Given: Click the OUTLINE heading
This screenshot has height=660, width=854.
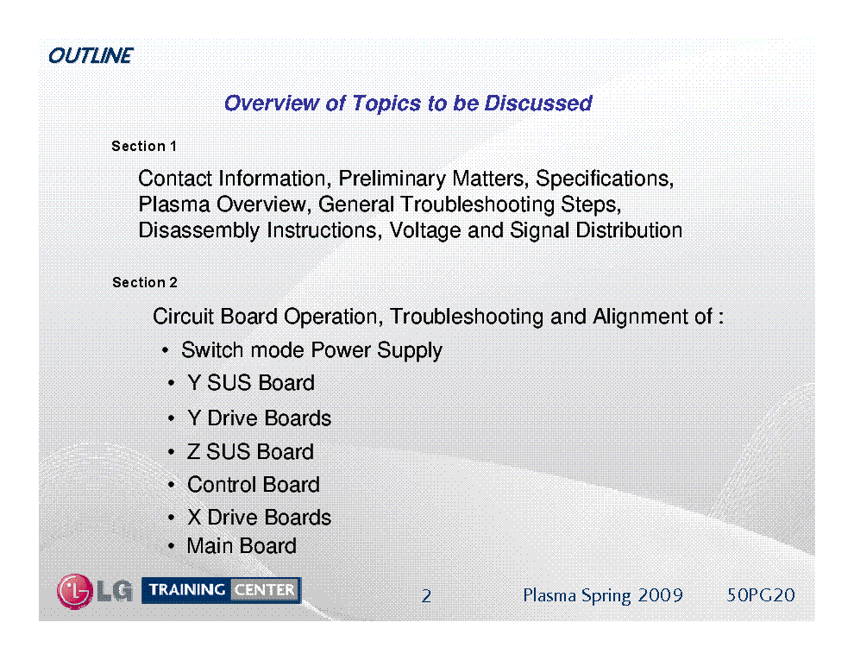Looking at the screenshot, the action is coord(91,55).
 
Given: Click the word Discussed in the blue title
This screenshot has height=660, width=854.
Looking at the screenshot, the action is coord(538,103).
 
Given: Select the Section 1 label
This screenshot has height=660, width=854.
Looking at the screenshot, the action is coord(144,146).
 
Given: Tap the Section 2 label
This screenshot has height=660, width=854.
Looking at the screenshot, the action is coord(144,282).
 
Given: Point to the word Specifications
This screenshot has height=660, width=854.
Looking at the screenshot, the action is coord(605,179).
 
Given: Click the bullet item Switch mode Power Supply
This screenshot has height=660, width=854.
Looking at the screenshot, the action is coord(311,350).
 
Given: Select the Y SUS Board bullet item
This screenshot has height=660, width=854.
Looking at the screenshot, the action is coord(251,383).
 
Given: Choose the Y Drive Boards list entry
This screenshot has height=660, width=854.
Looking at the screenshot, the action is coord(260,418).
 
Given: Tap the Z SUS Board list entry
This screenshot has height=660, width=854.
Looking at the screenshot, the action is coord(250,451).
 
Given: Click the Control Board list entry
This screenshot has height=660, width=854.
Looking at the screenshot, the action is coord(254,485).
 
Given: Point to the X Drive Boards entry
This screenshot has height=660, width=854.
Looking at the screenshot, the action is coord(260,518).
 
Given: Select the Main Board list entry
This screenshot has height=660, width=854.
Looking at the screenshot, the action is coord(242,545).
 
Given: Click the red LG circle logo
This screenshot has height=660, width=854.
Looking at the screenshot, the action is coord(74,591).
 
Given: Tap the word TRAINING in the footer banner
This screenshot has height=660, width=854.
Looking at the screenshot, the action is coord(187,590).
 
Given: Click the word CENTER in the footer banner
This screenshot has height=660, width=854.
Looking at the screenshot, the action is coord(265,590).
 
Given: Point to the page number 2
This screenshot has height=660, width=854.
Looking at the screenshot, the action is coord(426,596).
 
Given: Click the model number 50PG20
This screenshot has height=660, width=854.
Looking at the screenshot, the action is coord(761,595).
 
